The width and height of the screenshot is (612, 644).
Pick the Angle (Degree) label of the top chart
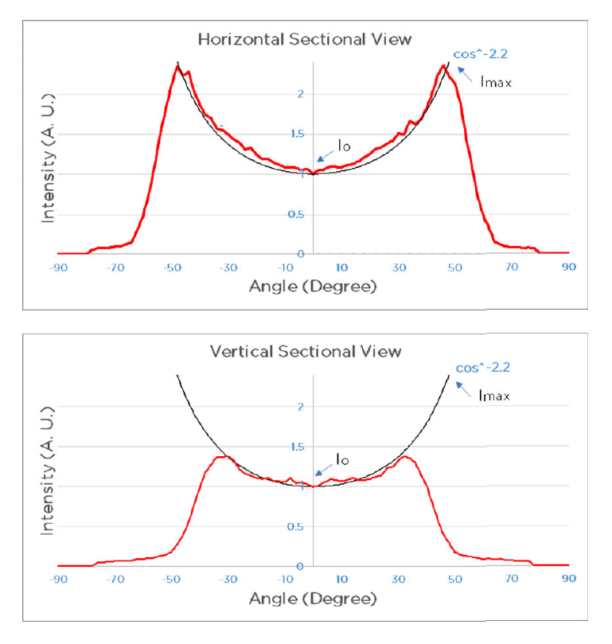313,286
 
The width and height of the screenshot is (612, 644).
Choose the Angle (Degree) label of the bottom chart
313,598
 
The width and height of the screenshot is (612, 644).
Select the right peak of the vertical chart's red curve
405,456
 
